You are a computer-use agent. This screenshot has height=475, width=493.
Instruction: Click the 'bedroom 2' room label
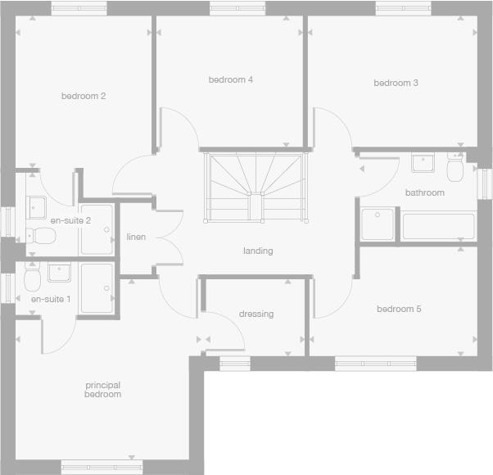pyautogui.click(x=84, y=96)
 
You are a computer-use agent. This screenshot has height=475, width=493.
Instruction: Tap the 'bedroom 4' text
pyautogui.click(x=230, y=79)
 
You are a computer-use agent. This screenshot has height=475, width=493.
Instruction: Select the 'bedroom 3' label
pyautogui.click(x=396, y=83)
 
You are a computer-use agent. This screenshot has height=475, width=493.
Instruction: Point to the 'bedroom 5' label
pyautogui.click(x=399, y=309)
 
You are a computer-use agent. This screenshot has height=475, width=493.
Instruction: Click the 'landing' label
pyautogui.click(x=257, y=251)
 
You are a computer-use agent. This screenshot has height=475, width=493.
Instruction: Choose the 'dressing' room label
pyautogui.click(x=256, y=314)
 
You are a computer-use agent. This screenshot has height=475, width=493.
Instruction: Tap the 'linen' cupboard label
pyautogui.click(x=136, y=237)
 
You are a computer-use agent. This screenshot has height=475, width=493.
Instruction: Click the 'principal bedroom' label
pyautogui.click(x=103, y=389)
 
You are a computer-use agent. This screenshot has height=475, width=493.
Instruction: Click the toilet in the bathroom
pyautogui.click(x=455, y=170)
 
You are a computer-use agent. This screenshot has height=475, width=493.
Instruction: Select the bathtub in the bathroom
pyautogui.click(x=438, y=225)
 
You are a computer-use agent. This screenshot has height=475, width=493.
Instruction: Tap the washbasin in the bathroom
pyautogui.click(x=423, y=162)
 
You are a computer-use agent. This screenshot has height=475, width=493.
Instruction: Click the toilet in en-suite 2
pyautogui.click(x=42, y=236)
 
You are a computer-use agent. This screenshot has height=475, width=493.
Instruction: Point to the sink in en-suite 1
pyautogui.click(x=59, y=272)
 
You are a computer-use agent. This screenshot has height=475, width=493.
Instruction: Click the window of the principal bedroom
pyautogui.click(x=96, y=468)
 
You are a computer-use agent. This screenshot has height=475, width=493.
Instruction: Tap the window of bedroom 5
pyautogui.click(x=375, y=363)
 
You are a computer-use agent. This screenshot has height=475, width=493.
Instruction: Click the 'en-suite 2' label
pyautogui.click(x=70, y=220)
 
